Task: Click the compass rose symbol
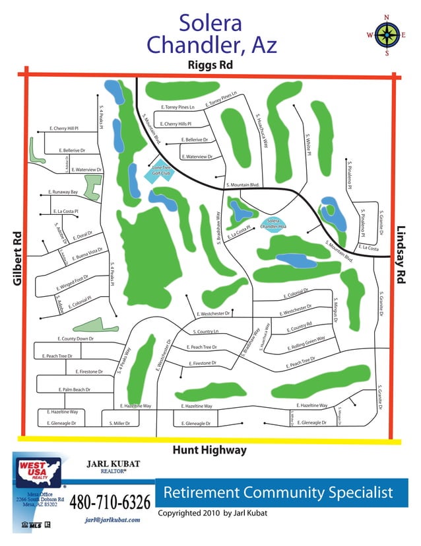(386, 36)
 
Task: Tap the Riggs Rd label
(210, 65)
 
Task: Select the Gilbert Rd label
(18, 258)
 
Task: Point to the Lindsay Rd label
(401, 254)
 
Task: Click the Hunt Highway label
(209, 450)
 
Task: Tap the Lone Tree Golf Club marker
(162, 171)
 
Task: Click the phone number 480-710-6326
(110, 503)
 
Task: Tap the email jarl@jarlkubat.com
(113, 520)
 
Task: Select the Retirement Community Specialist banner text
(278, 492)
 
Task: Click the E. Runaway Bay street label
(63, 192)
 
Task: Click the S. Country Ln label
(205, 331)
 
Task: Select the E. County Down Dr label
(76, 339)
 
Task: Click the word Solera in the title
(210, 24)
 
